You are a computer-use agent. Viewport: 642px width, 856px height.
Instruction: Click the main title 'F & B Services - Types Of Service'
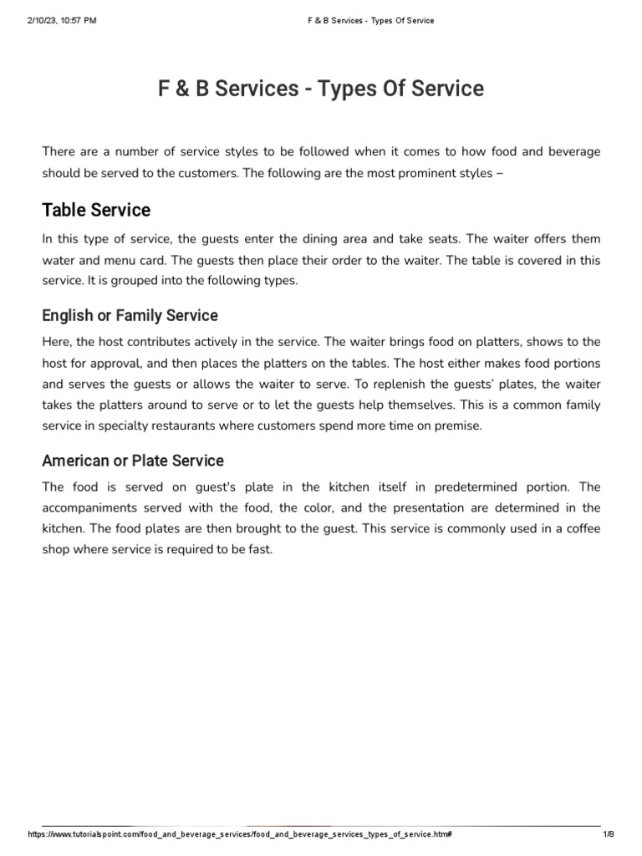tap(320, 89)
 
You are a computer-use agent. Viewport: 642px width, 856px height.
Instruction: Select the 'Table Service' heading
tap(96, 209)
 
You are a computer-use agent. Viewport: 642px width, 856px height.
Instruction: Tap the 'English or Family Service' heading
tap(130, 315)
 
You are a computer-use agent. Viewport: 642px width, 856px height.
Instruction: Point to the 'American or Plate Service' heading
tap(133, 461)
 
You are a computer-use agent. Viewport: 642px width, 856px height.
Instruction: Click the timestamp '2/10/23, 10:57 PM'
tap(62, 20)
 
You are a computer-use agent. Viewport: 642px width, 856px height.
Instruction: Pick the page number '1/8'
tap(608, 835)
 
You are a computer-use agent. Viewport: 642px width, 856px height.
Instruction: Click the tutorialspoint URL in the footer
tap(240, 835)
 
